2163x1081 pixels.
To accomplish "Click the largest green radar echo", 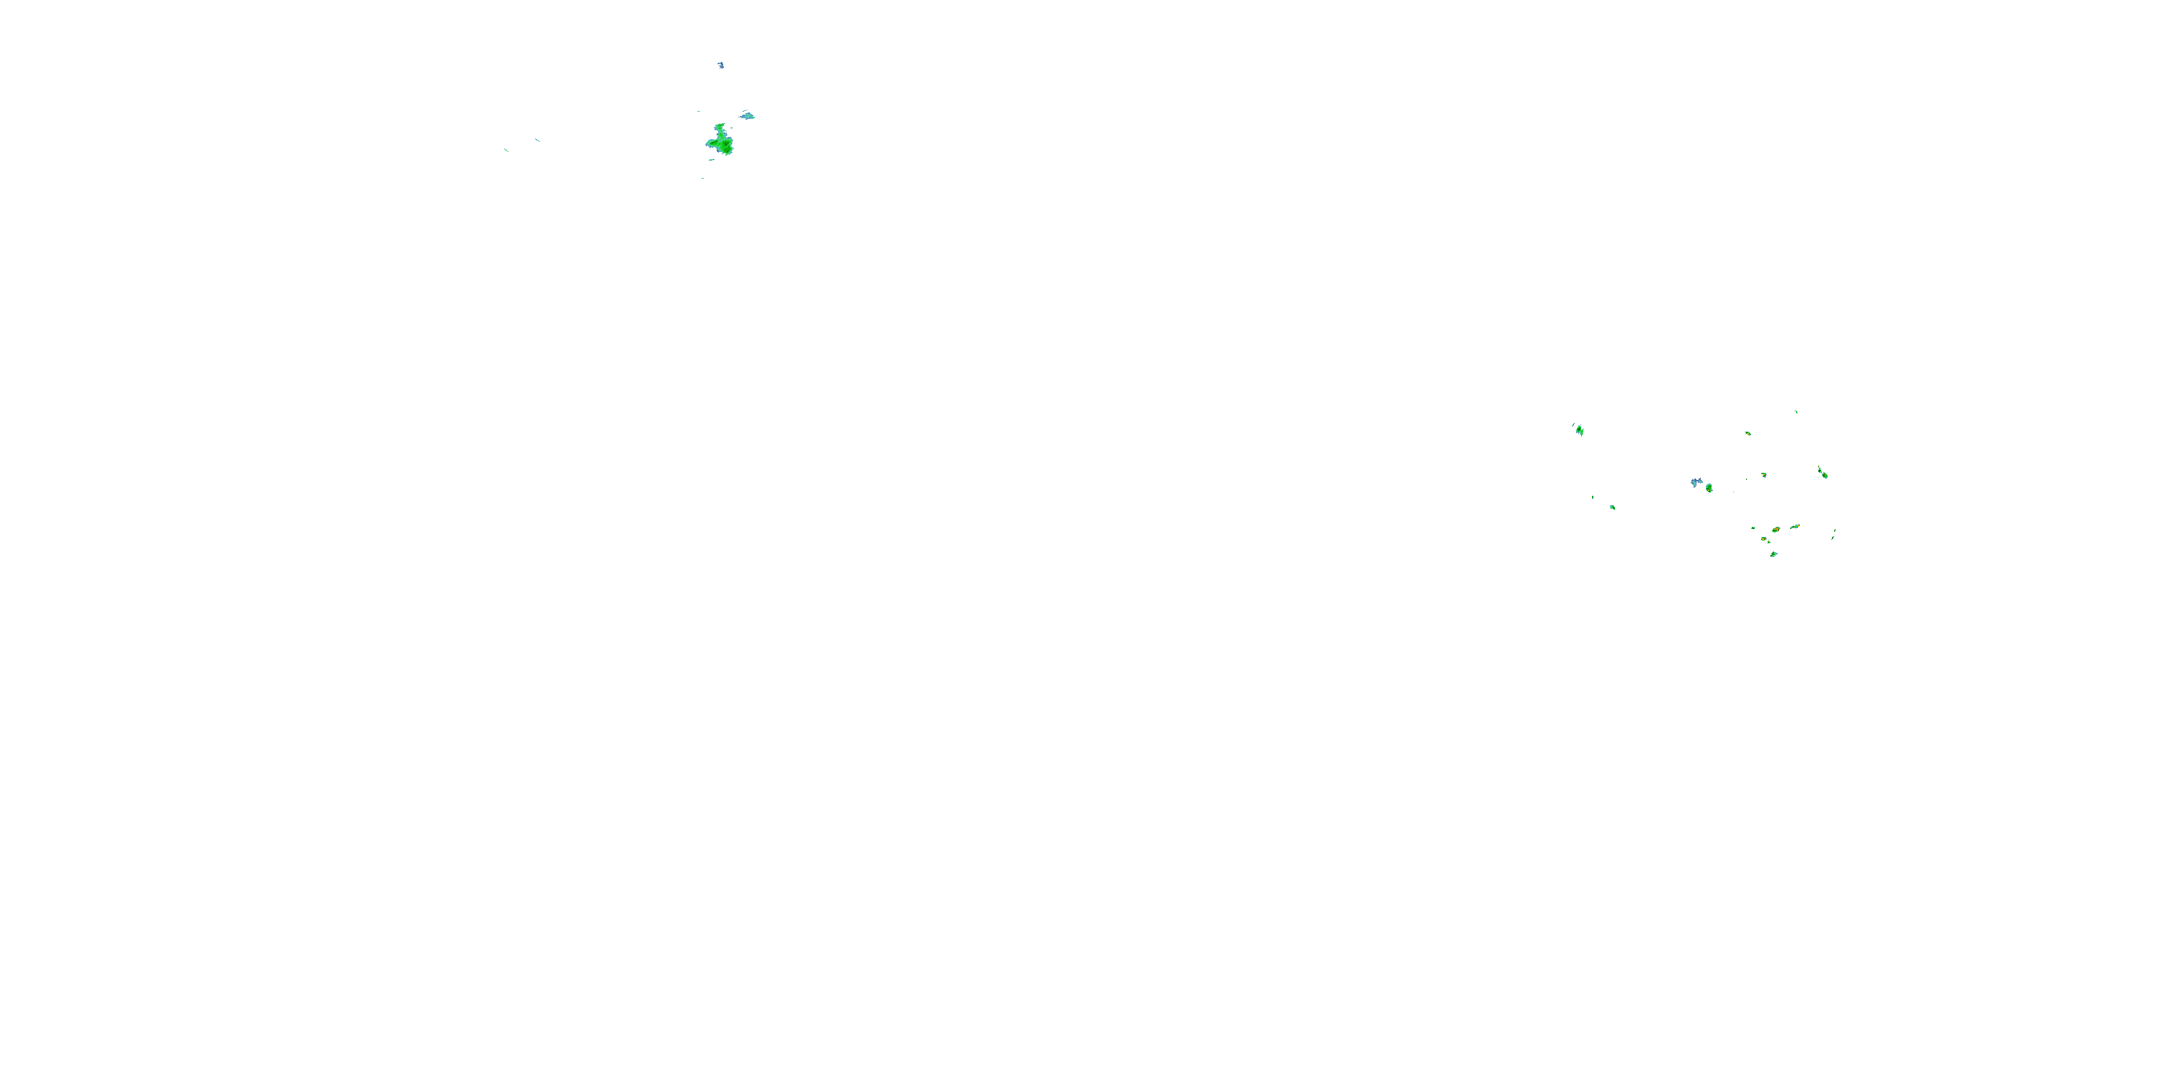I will coord(720,142).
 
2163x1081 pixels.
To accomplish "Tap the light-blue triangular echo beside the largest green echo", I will coord(747,116).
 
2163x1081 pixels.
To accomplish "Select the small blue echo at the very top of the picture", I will coord(720,65).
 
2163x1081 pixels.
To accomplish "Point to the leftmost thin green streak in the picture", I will coord(505,150).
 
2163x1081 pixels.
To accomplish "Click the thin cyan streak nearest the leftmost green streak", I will coord(537,139).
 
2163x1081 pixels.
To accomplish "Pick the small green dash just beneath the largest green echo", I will coord(710,160).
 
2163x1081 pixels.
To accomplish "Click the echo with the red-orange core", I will coord(1776,530).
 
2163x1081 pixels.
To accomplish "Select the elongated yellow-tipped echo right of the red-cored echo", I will coord(1795,527).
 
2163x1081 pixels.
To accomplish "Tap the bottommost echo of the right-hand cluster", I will coord(1774,554).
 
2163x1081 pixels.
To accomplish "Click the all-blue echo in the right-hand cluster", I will coord(1695,483).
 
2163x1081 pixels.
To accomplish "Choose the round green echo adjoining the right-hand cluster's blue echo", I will coord(1709,488).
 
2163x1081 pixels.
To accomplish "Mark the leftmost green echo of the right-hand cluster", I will coord(1580,430).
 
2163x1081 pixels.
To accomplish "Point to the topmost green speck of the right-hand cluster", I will coord(1796,412).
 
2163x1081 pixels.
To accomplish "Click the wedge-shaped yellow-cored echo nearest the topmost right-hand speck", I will coord(1748,433).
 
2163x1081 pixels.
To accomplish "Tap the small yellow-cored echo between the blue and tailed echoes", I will coord(1764,475).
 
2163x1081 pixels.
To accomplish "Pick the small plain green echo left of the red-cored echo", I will coord(1753,528).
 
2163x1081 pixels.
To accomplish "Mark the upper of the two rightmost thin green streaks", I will coord(1835,530).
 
